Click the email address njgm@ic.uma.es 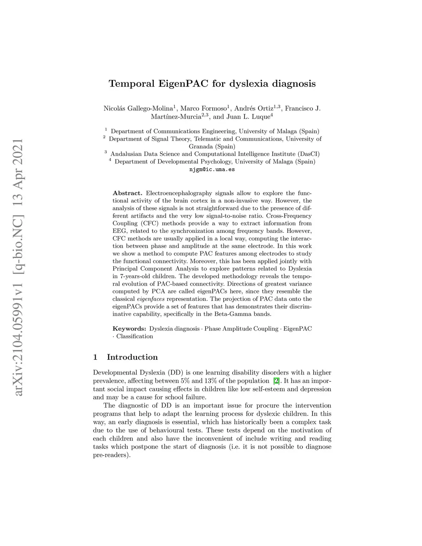[212, 169]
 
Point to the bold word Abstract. [127, 193]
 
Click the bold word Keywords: [129, 329]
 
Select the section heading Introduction [132, 357]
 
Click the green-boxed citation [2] [277, 381]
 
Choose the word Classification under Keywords [134, 336]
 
